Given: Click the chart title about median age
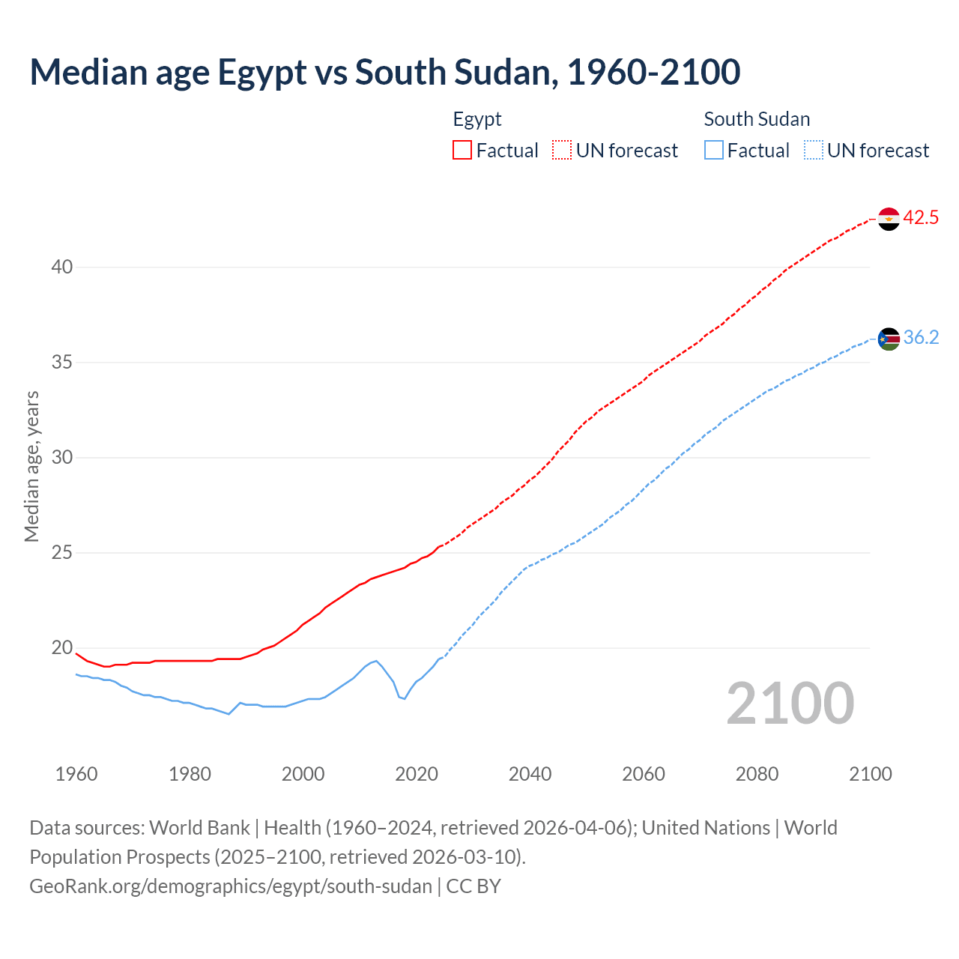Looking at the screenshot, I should [x=385, y=72].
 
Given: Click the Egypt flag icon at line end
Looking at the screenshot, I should [x=889, y=219].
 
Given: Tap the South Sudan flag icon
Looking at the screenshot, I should [x=889, y=339].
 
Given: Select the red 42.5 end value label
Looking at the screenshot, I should [x=921, y=218].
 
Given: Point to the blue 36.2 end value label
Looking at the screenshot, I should [x=921, y=338].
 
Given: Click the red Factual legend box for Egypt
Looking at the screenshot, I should [x=462, y=151].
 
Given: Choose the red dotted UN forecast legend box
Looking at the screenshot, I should [x=562, y=151].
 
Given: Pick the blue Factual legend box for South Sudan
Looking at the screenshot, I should [x=714, y=151].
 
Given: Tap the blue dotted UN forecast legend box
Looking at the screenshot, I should [x=813, y=151].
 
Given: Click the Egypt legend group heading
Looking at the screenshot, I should [x=477, y=119].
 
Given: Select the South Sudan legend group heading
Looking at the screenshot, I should [x=757, y=119].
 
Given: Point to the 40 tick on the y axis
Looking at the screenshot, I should [x=62, y=267].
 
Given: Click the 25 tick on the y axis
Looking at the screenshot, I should [x=62, y=553].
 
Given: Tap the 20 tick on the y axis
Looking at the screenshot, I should [x=62, y=648].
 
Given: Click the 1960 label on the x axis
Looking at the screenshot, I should [x=76, y=774].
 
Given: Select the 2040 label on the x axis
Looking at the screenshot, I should [x=530, y=774].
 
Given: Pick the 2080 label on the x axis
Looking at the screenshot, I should [x=757, y=774].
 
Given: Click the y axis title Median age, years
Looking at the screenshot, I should [x=31, y=466].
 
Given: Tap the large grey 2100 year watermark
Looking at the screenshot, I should [x=790, y=703].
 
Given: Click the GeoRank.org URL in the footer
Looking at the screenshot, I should [x=231, y=886].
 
